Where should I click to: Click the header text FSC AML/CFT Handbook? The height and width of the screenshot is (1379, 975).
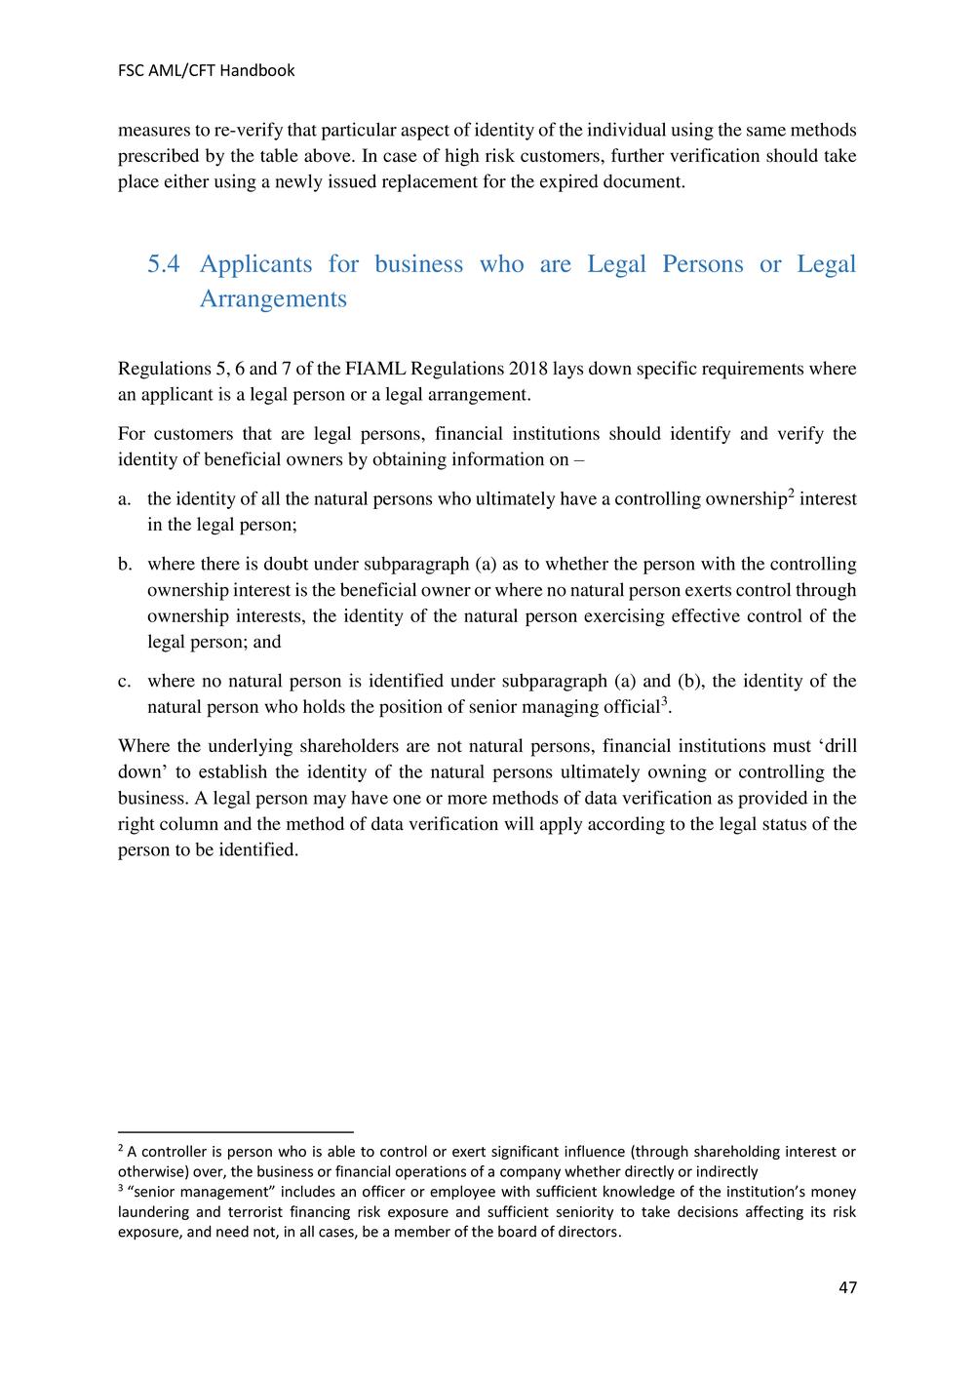point(206,70)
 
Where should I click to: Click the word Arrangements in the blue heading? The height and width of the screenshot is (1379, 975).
point(273,298)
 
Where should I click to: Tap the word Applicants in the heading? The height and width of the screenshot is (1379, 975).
point(256,264)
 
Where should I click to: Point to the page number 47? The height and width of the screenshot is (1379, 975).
point(847,1287)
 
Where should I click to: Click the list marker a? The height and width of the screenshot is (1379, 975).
point(124,499)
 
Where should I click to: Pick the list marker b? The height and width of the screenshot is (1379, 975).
point(125,564)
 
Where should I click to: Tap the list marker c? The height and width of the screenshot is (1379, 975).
point(124,681)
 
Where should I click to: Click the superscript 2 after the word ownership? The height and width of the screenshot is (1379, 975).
point(791,493)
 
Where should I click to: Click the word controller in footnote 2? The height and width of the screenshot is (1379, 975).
point(175,1152)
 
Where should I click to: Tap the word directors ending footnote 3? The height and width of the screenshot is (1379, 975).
point(587,1232)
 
